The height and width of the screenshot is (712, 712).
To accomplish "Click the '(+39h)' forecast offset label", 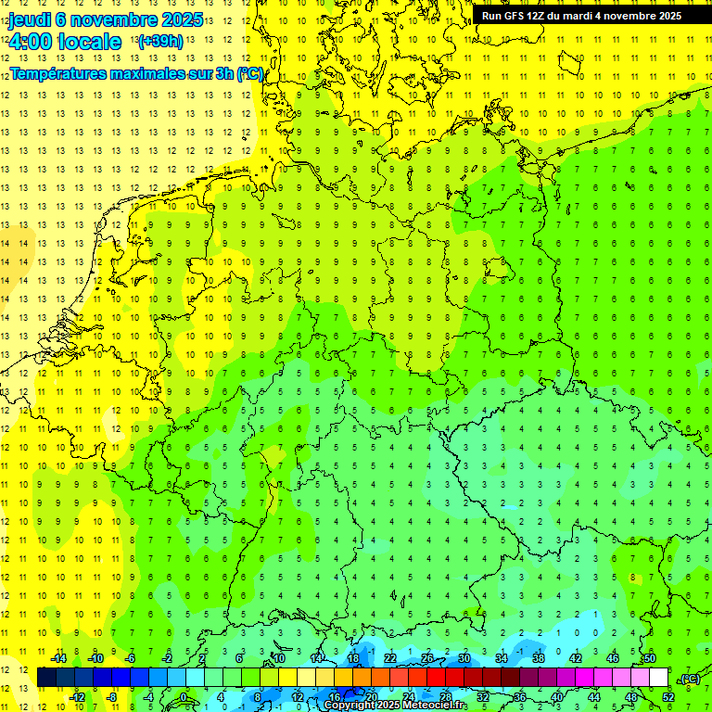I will coord(159,41).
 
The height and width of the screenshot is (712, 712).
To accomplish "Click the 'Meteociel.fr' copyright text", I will coord(427,706).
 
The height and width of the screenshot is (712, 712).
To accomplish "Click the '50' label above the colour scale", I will coord(650,658).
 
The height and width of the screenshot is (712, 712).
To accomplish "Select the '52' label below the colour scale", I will coord(668,696).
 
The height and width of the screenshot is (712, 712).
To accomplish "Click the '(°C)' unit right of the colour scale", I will coord(689,679).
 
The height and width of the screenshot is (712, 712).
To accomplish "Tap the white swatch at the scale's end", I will coord(658,678).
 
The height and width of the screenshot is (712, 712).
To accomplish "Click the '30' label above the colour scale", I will coord(464,658).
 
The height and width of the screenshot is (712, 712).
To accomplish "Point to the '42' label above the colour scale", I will coord(576,658).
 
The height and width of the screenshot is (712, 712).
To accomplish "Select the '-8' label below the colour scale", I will coord(112,696).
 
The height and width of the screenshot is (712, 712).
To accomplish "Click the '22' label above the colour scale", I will coord(390,658).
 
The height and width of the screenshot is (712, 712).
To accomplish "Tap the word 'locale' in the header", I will coord(88,42).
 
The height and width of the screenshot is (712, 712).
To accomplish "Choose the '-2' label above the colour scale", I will coord(168,658).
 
